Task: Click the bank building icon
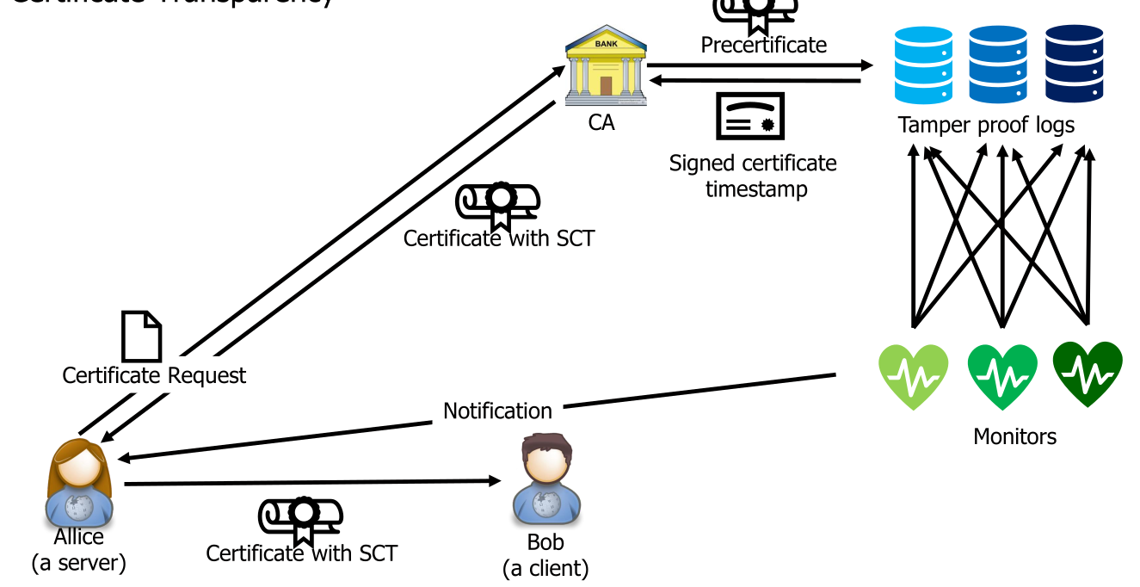pos(606,66)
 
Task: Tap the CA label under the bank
pos(601,123)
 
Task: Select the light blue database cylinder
pos(923,64)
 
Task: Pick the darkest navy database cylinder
pos(1074,64)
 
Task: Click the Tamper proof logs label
pos(986,126)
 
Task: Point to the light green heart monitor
pos(913,374)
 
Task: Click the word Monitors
pos(1014,436)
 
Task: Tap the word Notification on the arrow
pos(497,411)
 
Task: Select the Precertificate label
pos(763,45)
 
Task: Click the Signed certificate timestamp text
pos(754,176)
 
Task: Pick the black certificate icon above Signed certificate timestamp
pos(750,117)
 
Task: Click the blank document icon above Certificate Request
pos(141,336)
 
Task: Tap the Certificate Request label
pos(154,376)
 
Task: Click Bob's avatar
pos(545,480)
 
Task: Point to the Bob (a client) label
pos(545,555)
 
